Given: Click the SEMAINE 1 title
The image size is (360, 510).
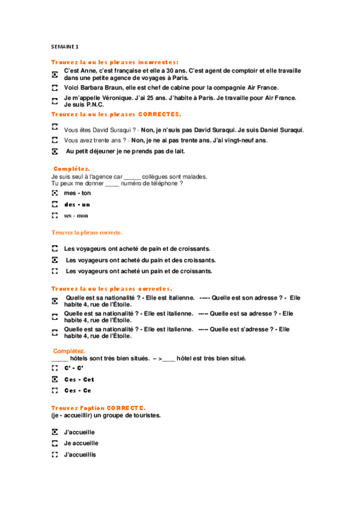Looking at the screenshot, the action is [64, 46].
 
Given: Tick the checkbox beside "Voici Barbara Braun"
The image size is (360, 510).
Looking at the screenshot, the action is [54, 88].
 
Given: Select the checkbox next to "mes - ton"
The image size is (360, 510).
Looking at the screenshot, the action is [54, 193].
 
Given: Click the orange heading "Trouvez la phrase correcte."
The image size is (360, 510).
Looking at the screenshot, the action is [87, 232].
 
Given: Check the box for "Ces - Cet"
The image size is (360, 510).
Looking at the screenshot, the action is [54, 379].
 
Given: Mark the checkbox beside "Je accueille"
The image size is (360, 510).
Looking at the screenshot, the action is [54, 443].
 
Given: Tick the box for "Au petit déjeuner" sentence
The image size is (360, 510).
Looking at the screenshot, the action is [54, 152].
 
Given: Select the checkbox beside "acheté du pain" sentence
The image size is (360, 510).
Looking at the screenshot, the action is [54, 260].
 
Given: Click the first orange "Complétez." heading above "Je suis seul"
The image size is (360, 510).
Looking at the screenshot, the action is [71, 169].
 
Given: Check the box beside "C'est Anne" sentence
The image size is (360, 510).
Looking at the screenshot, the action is [54, 74].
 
